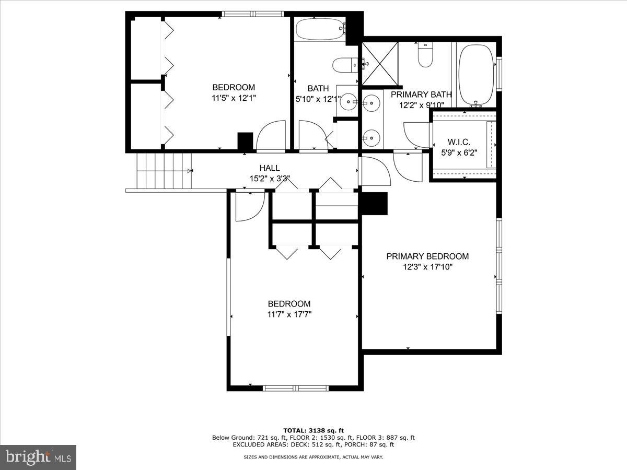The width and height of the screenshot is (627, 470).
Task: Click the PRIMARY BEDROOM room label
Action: click(x=427, y=256)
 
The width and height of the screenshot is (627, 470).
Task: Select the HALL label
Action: click(x=270, y=168)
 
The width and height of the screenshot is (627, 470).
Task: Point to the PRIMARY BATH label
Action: click(x=421, y=95)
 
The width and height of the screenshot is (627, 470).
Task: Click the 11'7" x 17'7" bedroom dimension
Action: click(x=289, y=314)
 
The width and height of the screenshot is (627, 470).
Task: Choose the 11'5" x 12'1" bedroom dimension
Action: click(x=234, y=98)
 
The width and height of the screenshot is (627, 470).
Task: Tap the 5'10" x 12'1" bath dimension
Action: click(x=318, y=99)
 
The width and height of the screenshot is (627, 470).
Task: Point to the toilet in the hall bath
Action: click(x=344, y=65)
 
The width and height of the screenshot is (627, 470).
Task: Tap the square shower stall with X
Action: click(x=380, y=64)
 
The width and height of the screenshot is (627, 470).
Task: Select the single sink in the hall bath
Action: click(x=347, y=102)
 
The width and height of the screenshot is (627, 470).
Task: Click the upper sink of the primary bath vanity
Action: click(x=370, y=103)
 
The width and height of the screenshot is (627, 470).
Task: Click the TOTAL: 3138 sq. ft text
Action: click(x=313, y=430)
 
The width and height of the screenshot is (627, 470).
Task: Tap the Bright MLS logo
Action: click(x=38, y=457)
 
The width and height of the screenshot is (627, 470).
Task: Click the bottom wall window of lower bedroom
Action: click(x=295, y=388)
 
